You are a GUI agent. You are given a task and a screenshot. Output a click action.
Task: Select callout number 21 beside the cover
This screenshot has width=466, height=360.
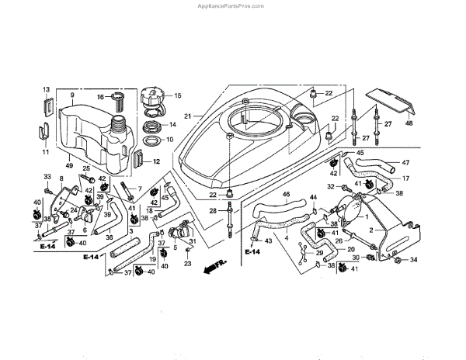187,116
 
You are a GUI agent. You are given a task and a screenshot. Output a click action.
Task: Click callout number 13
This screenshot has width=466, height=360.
46,90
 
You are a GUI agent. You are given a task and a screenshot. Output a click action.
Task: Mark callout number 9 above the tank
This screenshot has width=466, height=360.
71,95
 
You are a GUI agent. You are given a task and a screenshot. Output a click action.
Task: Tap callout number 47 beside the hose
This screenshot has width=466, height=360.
405,163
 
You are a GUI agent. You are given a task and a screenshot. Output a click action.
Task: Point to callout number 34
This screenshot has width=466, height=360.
413,259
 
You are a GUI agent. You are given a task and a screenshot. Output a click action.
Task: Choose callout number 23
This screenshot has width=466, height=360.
187,264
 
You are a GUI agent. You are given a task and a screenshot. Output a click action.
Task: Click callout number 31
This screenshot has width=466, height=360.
192,241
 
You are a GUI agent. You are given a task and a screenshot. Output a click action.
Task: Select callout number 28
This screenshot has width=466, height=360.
214,210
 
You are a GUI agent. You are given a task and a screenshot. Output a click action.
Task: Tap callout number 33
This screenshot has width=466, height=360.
46,178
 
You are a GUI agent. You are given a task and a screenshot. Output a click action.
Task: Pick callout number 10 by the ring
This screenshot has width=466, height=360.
170,140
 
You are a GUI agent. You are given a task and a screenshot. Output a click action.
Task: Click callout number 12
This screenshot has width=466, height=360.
156,162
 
